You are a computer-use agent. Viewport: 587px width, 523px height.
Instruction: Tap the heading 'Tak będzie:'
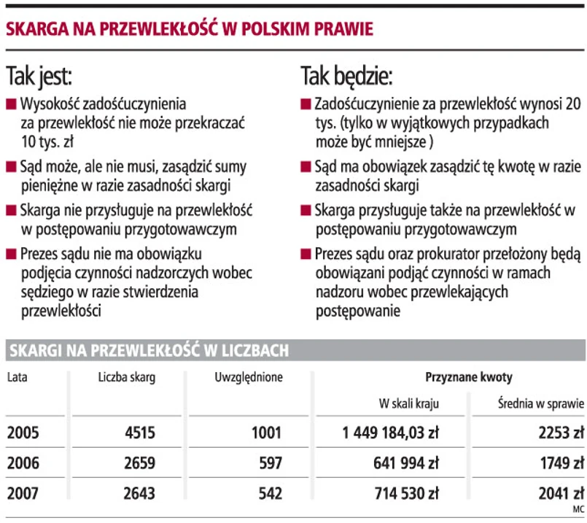[x=346, y=75]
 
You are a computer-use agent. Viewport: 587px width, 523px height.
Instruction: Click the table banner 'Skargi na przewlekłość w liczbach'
[x=149, y=351]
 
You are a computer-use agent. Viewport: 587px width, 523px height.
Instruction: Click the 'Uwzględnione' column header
[x=249, y=377]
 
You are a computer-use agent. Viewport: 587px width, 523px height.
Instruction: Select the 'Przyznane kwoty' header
[x=468, y=377]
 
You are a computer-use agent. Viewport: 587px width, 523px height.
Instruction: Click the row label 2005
[x=23, y=433]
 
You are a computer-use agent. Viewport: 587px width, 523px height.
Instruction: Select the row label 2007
[x=23, y=494]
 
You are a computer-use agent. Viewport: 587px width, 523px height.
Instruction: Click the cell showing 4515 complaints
[x=140, y=433]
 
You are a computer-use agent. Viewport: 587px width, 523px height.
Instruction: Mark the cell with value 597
[x=270, y=463]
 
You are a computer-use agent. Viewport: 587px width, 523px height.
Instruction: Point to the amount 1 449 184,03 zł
[x=390, y=433]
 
